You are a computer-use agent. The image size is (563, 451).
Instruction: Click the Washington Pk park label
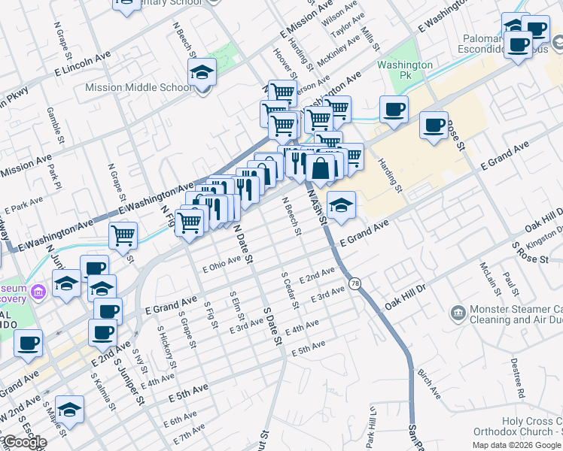(405, 71)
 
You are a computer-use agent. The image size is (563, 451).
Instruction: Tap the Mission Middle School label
(139, 87)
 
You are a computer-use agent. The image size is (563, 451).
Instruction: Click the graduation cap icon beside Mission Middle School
(202, 74)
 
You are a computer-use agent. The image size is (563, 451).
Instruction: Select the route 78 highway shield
(355, 282)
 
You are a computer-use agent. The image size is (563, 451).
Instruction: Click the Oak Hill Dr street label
(405, 297)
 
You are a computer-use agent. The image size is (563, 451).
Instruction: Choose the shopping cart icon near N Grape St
(123, 235)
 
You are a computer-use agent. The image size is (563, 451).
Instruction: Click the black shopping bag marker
(321, 168)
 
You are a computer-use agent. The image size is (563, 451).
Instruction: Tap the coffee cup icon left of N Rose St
(433, 126)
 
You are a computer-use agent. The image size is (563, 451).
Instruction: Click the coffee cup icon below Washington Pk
(394, 110)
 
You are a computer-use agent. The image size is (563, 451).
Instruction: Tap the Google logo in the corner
(24, 442)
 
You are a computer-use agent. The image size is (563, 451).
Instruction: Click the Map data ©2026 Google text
(517, 445)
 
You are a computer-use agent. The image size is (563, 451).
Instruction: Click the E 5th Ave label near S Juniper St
(187, 392)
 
